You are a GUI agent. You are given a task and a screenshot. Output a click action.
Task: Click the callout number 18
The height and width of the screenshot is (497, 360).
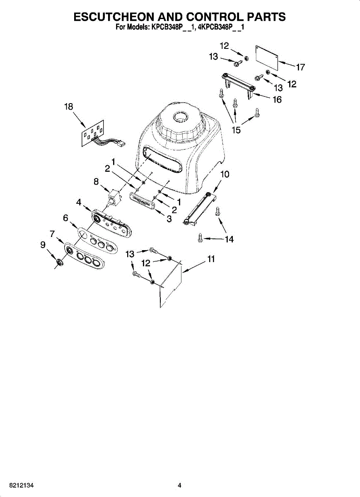68,107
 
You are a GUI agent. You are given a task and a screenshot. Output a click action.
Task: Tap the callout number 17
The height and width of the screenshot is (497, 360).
301,67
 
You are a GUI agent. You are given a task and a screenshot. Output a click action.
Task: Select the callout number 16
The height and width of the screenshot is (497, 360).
277,99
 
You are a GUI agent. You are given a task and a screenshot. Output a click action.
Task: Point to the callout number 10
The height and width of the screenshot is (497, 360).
224,174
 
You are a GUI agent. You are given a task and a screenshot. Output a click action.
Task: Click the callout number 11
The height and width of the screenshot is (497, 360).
211,259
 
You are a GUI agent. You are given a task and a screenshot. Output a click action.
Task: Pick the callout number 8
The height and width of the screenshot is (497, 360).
96,181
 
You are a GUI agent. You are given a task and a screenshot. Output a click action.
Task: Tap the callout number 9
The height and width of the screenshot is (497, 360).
43,245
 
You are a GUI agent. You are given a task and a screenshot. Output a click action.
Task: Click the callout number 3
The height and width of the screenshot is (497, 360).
169,219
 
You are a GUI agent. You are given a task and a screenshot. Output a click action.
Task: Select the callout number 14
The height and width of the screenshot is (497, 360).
229,239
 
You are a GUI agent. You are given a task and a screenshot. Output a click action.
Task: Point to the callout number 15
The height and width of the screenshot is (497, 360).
236,130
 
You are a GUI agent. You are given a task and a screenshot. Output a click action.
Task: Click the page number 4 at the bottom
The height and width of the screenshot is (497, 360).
179,485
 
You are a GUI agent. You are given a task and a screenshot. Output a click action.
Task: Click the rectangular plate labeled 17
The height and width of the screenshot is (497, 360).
266,55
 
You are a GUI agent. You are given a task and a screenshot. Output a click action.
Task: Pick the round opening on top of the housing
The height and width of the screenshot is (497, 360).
180,116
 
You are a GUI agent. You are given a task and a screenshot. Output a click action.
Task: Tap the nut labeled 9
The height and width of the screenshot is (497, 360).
59,261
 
